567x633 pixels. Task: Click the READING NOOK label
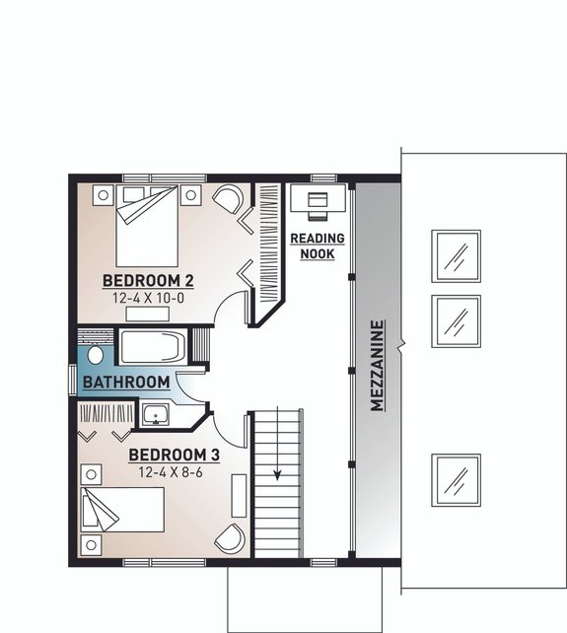click(318, 246)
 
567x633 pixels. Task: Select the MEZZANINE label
click(376, 366)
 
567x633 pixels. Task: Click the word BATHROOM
click(125, 382)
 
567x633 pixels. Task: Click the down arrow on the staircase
click(278, 471)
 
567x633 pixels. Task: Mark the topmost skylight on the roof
click(457, 255)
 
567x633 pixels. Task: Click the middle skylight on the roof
click(457, 317)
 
